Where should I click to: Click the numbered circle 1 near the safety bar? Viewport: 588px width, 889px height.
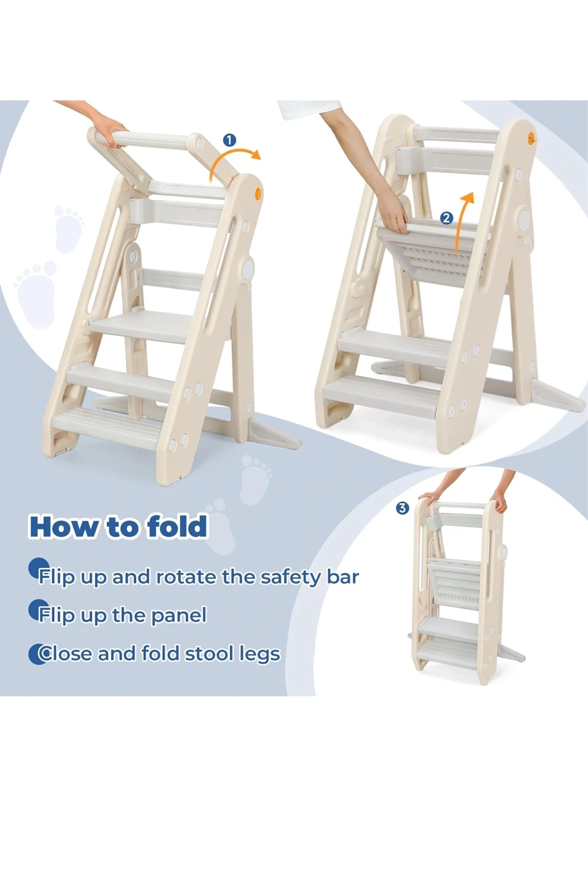[230, 140]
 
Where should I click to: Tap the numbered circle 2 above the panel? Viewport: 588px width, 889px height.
[447, 218]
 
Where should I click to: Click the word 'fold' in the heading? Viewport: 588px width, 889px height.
[177, 526]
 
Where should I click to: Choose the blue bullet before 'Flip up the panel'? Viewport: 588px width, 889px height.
[37, 611]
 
